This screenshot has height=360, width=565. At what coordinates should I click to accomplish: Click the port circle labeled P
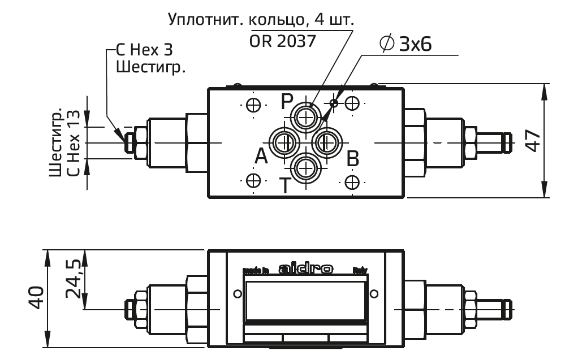tap(306, 118)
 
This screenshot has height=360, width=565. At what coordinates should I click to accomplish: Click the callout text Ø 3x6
tap(406, 45)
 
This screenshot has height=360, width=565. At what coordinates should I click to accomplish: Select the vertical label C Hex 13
tap(72, 144)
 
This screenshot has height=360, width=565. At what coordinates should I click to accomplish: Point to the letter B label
tap(352, 159)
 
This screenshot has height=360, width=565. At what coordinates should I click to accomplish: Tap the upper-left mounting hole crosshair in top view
tap(254, 105)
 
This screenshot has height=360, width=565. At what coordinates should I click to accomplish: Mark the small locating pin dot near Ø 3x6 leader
tap(334, 102)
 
